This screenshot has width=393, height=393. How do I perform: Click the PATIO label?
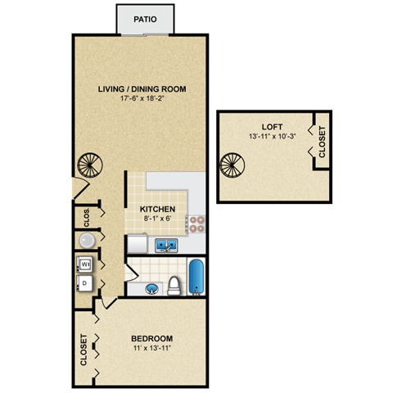pyautogui.click(x=147, y=18)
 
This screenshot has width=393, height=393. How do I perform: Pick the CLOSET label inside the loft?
pyautogui.click(x=321, y=142)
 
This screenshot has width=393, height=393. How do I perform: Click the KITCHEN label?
pyautogui.click(x=157, y=209)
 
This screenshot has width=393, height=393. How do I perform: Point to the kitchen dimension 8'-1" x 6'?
pyautogui.click(x=157, y=219)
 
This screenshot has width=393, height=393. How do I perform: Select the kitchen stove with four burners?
pyautogui.click(x=196, y=222)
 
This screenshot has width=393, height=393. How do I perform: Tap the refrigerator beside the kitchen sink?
pyautogui.click(x=137, y=243)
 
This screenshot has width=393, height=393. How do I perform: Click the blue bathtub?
pyautogui.click(x=197, y=278)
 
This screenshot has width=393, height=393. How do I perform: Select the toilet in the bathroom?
pyautogui.click(x=174, y=286)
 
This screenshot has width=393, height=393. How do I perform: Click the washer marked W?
pyautogui.click(x=84, y=264)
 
